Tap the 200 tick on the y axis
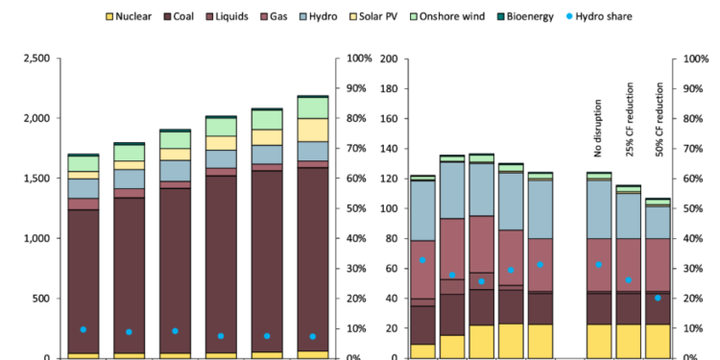point(389,59)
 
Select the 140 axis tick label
point(389,149)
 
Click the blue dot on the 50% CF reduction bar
point(658,298)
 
